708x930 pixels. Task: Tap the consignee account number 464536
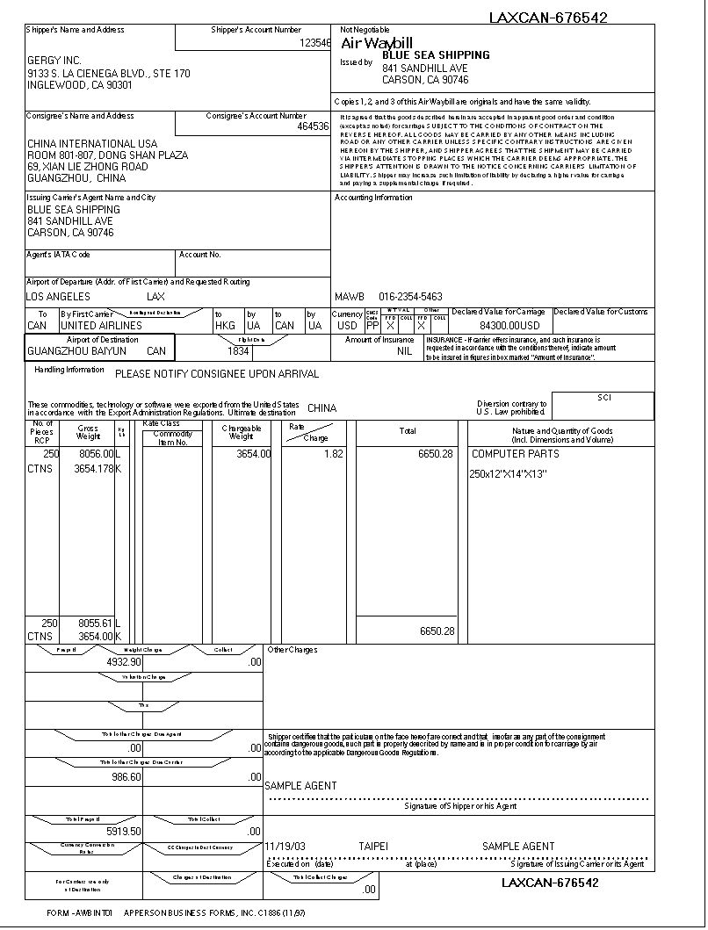pos(313,126)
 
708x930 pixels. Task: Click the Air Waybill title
pos(376,43)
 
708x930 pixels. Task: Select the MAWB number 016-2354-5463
pos(410,297)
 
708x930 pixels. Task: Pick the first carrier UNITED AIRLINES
pos(101,326)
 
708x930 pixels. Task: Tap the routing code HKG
pos(225,326)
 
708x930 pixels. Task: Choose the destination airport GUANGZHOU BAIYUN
pos(77,351)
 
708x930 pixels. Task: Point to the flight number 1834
pos(238,351)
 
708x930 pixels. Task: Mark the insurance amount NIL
pos(404,351)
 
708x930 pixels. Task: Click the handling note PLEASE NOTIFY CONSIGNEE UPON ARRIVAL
pos(217,374)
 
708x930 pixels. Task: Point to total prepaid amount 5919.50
pos(123,832)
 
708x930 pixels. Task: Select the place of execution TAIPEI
pos(372,847)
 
